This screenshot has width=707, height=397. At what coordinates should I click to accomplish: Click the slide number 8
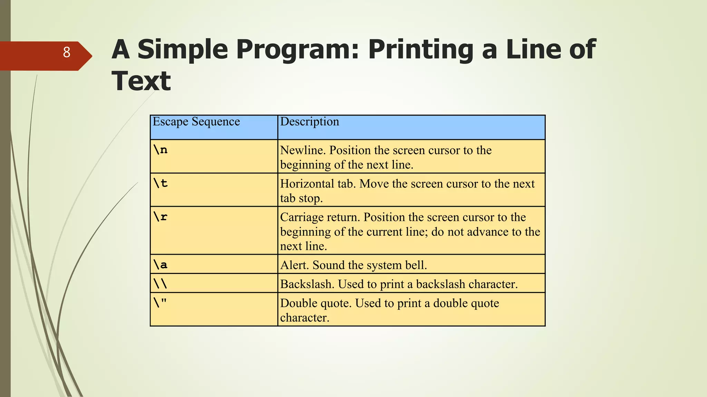(x=67, y=52)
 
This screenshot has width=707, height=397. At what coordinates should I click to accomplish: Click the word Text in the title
(x=141, y=81)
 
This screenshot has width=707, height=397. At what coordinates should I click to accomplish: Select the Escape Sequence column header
(x=196, y=122)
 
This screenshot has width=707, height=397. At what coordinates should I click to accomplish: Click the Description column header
(x=309, y=122)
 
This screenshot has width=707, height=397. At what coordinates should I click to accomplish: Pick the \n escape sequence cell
(x=161, y=150)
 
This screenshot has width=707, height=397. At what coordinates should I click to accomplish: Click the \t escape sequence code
(x=161, y=183)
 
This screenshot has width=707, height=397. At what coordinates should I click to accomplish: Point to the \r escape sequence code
(x=161, y=217)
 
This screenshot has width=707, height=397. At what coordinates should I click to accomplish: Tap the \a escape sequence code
(x=161, y=265)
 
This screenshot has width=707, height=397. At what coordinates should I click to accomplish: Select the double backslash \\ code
(x=161, y=284)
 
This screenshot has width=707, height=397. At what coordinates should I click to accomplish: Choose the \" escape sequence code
(x=161, y=303)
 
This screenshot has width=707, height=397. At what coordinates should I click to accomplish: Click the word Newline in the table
(x=302, y=151)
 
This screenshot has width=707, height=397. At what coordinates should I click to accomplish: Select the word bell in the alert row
(x=417, y=265)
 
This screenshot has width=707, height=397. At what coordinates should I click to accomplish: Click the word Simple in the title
(x=183, y=49)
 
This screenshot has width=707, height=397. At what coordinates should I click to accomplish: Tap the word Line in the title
(x=533, y=49)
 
